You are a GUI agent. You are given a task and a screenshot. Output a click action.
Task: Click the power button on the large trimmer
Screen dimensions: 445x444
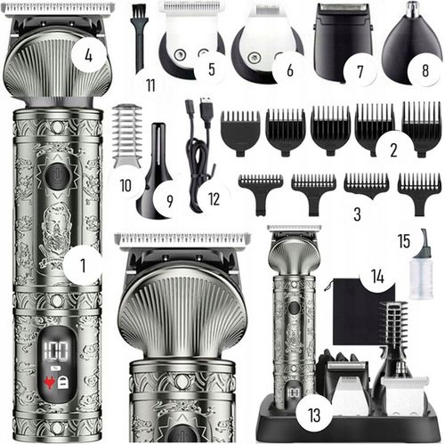click(x=58, y=177)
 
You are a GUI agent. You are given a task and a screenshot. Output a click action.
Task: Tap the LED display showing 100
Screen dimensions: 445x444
click(x=56, y=350)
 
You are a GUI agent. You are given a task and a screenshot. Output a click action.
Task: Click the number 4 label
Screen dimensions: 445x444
click(x=88, y=55)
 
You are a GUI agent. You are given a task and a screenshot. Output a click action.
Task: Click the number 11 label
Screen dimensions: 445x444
click(x=150, y=85)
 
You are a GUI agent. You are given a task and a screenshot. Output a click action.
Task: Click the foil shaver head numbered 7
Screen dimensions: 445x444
click(x=343, y=42)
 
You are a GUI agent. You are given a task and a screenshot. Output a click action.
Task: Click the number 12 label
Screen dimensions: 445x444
click(x=214, y=199)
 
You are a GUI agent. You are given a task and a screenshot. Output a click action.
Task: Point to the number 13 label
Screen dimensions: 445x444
click(x=314, y=415)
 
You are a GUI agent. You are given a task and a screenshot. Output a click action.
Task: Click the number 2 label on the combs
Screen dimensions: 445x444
click(x=393, y=149)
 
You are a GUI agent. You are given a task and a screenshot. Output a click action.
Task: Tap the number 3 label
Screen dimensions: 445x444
click(x=357, y=214)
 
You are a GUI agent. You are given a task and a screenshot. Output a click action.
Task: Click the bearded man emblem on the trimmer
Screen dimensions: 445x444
click(x=55, y=234)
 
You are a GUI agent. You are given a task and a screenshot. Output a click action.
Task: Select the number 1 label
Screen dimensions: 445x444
click(x=83, y=265)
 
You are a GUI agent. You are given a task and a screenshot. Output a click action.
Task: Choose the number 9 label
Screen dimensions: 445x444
click(x=169, y=201)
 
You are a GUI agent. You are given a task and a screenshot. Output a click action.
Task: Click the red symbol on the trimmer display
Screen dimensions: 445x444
click(x=49, y=383)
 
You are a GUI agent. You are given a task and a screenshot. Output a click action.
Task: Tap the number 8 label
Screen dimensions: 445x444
click(x=425, y=70)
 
